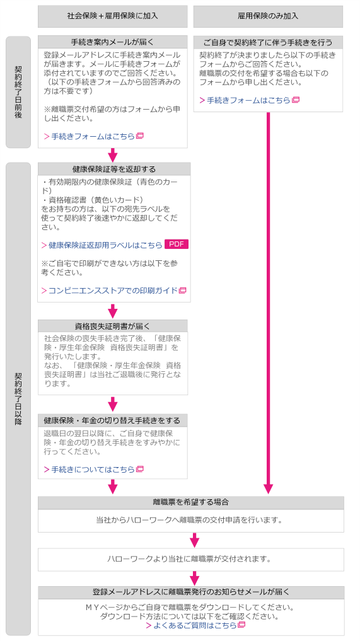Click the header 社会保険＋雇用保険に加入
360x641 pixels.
(x=112, y=16)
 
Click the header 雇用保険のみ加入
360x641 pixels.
(x=268, y=16)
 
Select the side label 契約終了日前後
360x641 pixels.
(x=18, y=92)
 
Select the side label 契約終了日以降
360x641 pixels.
(x=18, y=398)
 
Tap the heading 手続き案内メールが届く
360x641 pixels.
(x=112, y=42)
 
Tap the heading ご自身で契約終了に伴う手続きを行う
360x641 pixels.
(x=268, y=42)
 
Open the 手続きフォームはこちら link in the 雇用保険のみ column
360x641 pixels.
(x=249, y=100)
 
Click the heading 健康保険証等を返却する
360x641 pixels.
(x=114, y=169)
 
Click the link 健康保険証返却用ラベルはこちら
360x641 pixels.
(x=102, y=245)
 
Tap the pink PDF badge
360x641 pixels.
(x=177, y=245)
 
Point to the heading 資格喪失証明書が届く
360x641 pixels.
(x=112, y=326)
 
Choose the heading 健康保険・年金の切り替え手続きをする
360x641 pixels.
(x=112, y=420)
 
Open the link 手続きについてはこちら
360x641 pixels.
(x=94, y=470)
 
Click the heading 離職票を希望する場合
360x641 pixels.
(x=190, y=502)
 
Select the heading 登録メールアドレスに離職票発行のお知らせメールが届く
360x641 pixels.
(x=191, y=592)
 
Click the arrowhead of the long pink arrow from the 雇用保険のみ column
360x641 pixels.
(x=268, y=489)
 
